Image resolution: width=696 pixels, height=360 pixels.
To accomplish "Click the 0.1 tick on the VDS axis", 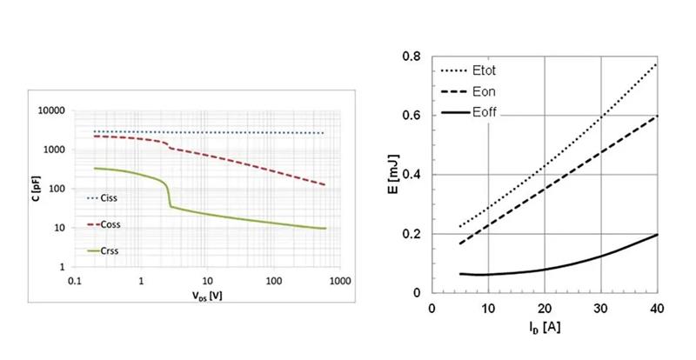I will pyautogui.click(x=75, y=282).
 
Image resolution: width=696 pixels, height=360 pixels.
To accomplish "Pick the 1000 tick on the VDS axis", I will pyautogui.click(x=339, y=282).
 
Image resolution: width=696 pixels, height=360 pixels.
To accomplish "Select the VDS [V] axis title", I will pyautogui.click(x=206, y=296).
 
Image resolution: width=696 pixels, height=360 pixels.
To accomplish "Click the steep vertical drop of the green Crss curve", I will pyautogui.click(x=169, y=193).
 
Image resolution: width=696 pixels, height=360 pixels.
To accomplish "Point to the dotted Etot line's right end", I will pyautogui.click(x=656, y=63).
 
